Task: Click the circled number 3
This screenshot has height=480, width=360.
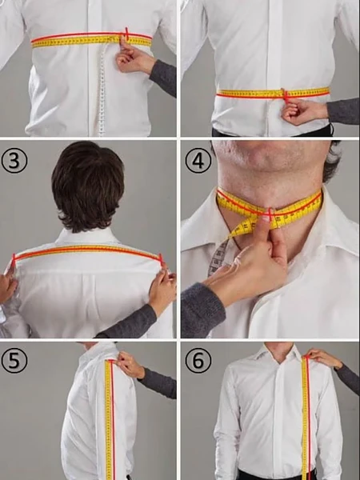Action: pos(14,161)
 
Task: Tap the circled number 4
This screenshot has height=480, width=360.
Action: pos(198,161)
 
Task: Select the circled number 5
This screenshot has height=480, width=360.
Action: pos(14,360)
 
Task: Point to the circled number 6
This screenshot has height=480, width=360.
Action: pos(198,360)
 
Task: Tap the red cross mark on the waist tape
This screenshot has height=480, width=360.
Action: pos(286,95)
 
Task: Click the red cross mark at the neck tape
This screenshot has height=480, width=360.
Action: pos(270,214)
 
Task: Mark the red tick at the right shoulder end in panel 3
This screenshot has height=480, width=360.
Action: pos(162,259)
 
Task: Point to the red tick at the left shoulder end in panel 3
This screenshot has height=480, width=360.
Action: pos(14,259)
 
